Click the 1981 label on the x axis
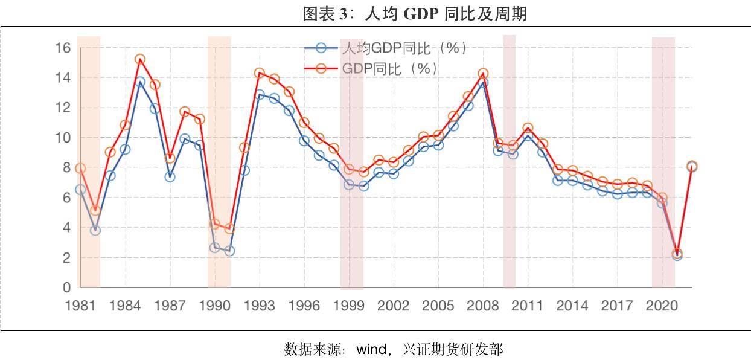pos(80,306)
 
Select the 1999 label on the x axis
pos(349,306)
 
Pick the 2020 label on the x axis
pos(662,306)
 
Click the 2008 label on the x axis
pos(483,306)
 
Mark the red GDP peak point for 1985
pos(140,59)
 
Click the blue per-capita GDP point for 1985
pos(140,82)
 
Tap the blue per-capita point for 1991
pos(229,251)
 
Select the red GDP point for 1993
pos(260,73)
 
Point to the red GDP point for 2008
pos(483,74)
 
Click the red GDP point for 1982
pos(95,211)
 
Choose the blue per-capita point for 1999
pos(349,185)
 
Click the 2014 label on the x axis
pos(572,306)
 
